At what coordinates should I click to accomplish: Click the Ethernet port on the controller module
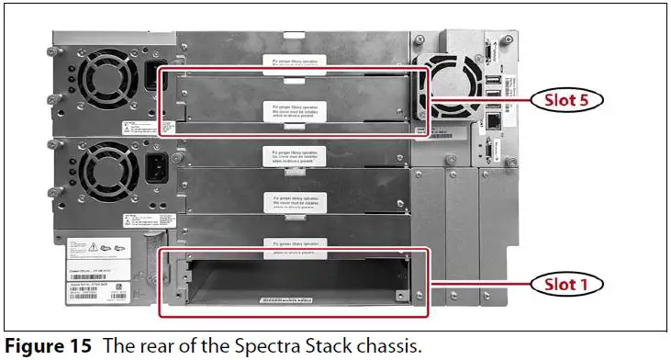[492, 118]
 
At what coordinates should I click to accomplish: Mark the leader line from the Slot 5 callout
[477, 99]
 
